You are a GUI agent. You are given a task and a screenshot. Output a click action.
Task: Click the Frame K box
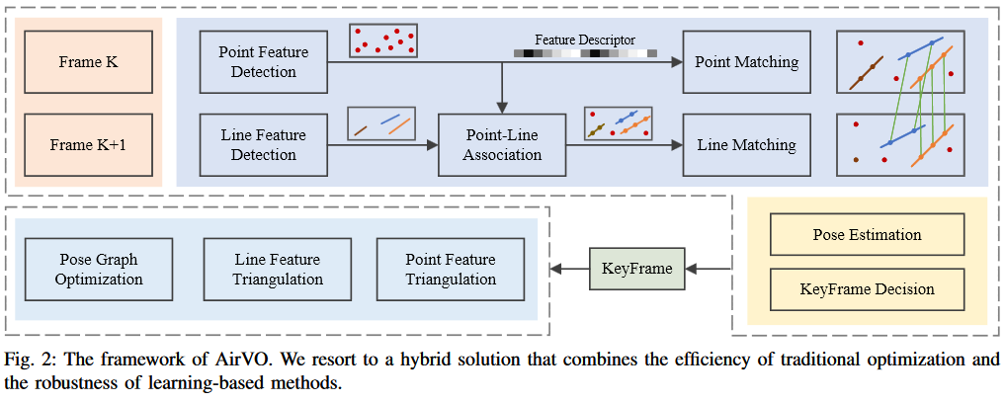coord(88,62)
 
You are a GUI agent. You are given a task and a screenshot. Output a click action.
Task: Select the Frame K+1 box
coord(88,145)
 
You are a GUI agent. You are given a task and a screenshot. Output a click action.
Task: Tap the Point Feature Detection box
coord(263,62)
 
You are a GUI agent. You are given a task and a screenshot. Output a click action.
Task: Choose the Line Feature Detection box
coord(263,145)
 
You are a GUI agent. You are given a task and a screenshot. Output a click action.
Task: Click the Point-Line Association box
coord(503,145)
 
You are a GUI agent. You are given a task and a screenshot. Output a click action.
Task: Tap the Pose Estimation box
coord(867,235)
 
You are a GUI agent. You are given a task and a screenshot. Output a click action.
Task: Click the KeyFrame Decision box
coord(867,289)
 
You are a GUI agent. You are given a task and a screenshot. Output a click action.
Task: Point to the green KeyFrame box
coord(636,269)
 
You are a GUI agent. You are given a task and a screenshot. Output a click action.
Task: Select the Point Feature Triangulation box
coord(451,269)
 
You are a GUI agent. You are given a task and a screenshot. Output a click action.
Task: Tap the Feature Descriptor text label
coord(585,40)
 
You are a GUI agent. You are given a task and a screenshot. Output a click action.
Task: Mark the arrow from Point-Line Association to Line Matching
coord(624,145)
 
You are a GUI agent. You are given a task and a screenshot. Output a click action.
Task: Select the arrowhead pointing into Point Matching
coord(677,62)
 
